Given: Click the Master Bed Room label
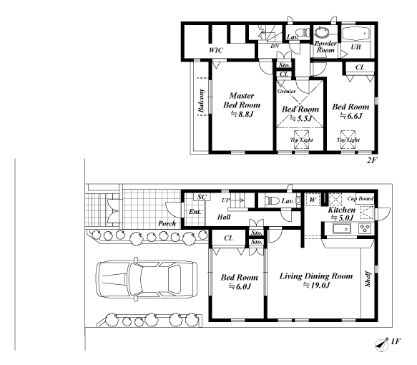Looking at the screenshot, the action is (x=242, y=100).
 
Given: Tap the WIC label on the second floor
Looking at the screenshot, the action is (x=216, y=50).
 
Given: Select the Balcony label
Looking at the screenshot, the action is (x=201, y=100).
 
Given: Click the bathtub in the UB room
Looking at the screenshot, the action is (x=355, y=34).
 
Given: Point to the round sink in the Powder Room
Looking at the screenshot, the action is (x=322, y=32).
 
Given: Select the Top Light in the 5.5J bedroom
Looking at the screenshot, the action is (x=301, y=140).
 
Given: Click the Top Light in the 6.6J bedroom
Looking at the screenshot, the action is (x=348, y=140).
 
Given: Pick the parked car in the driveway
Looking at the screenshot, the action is (x=147, y=279).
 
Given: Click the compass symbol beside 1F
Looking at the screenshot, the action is (x=382, y=345).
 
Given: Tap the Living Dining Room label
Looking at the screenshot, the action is (x=316, y=276).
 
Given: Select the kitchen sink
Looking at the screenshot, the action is (x=342, y=229).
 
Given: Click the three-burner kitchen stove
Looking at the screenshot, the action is (x=365, y=228).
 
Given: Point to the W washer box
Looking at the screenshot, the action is (x=313, y=200).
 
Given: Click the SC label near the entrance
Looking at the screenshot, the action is (x=202, y=197).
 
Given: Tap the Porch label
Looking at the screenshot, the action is (x=167, y=223).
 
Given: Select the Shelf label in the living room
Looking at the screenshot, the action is (x=368, y=279).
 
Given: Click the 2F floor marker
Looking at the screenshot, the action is (x=373, y=160).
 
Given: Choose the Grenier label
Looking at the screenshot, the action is (x=286, y=92).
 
